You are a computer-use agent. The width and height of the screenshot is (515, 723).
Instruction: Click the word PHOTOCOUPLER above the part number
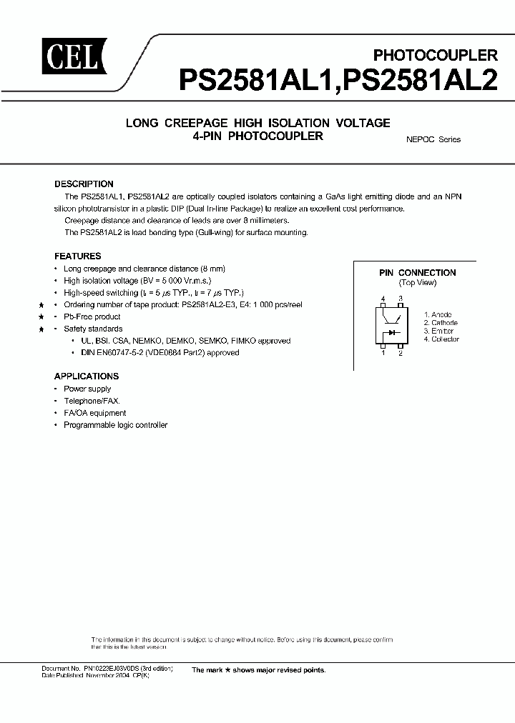point(436,54)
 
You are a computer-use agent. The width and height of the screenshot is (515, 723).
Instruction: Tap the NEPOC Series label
point(428,139)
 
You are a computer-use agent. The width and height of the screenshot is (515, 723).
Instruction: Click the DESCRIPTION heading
point(84,184)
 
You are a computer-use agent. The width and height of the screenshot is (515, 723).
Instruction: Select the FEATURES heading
point(77,256)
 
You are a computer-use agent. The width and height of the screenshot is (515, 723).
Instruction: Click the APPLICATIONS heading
point(86,376)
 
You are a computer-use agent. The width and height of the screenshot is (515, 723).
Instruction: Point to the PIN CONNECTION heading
point(417,272)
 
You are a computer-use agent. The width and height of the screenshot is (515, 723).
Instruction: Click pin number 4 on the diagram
point(383,299)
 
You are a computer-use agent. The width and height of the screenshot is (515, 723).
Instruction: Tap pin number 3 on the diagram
point(401,299)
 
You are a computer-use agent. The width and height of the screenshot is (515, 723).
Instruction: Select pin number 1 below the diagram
point(383,353)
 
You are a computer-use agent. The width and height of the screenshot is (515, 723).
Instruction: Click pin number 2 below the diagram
point(401,353)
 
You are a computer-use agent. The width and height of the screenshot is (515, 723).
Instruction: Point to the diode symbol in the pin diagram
point(393,332)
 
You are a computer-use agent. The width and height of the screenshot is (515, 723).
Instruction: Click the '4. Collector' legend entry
point(441,339)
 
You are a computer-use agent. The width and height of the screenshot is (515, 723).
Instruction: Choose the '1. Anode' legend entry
point(437,314)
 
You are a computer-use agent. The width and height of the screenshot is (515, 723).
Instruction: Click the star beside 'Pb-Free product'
point(42,316)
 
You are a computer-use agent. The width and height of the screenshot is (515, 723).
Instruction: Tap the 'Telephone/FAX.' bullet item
point(92,401)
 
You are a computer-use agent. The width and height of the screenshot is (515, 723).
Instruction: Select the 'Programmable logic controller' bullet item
point(115,425)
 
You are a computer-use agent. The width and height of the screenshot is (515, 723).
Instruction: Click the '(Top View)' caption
point(417,282)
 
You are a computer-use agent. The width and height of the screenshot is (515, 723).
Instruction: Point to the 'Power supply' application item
point(87,389)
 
